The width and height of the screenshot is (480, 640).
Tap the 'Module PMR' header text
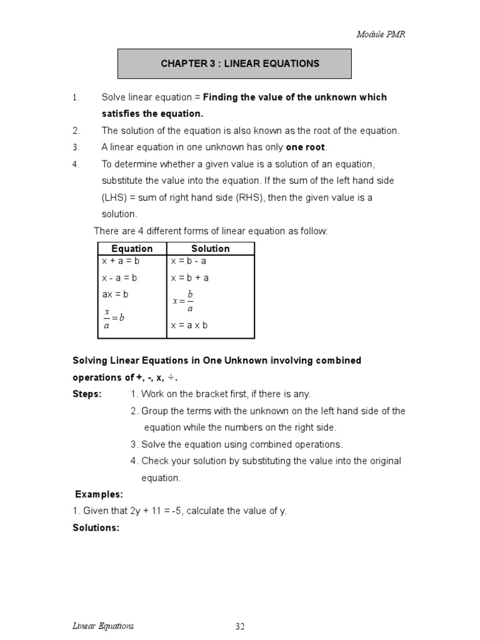[x=381, y=34]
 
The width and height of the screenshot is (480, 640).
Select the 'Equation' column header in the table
[x=131, y=249]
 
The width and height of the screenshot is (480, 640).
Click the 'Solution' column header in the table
[x=210, y=249]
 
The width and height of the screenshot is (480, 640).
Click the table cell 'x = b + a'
[x=189, y=278]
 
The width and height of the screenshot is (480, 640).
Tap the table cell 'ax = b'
[x=115, y=294]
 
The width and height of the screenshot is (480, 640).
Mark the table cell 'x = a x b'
[x=189, y=326]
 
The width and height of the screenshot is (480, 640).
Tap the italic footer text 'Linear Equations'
[x=103, y=626]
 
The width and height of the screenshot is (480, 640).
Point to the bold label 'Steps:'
[x=87, y=394]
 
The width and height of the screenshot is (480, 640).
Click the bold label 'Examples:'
[x=99, y=494]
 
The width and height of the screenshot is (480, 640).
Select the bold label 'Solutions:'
[x=96, y=527]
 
